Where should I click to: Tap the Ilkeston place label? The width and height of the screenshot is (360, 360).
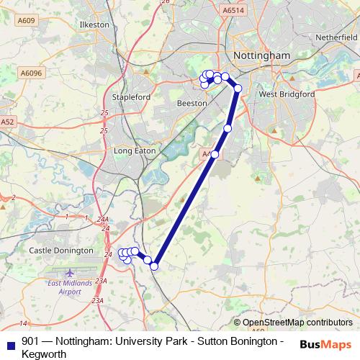click(x=94, y=24)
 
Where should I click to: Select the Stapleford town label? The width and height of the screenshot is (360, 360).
click(x=132, y=96)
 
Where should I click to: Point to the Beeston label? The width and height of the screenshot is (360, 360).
click(x=192, y=104)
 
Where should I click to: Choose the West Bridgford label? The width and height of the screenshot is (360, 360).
click(x=287, y=94)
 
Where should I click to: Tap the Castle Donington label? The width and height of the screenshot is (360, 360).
click(x=60, y=251)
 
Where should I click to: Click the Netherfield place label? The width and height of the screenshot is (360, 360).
click(x=336, y=35)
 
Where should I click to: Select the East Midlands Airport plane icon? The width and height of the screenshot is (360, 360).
click(x=70, y=274)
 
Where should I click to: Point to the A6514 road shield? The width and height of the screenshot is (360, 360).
click(x=233, y=11)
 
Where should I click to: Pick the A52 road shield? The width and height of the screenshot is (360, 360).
click(x=7, y=122)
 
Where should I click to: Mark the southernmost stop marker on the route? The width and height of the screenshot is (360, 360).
click(x=153, y=266)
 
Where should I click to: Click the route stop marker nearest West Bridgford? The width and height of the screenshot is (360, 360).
click(x=238, y=89)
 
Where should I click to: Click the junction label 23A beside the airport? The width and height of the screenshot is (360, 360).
click(x=101, y=282)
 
